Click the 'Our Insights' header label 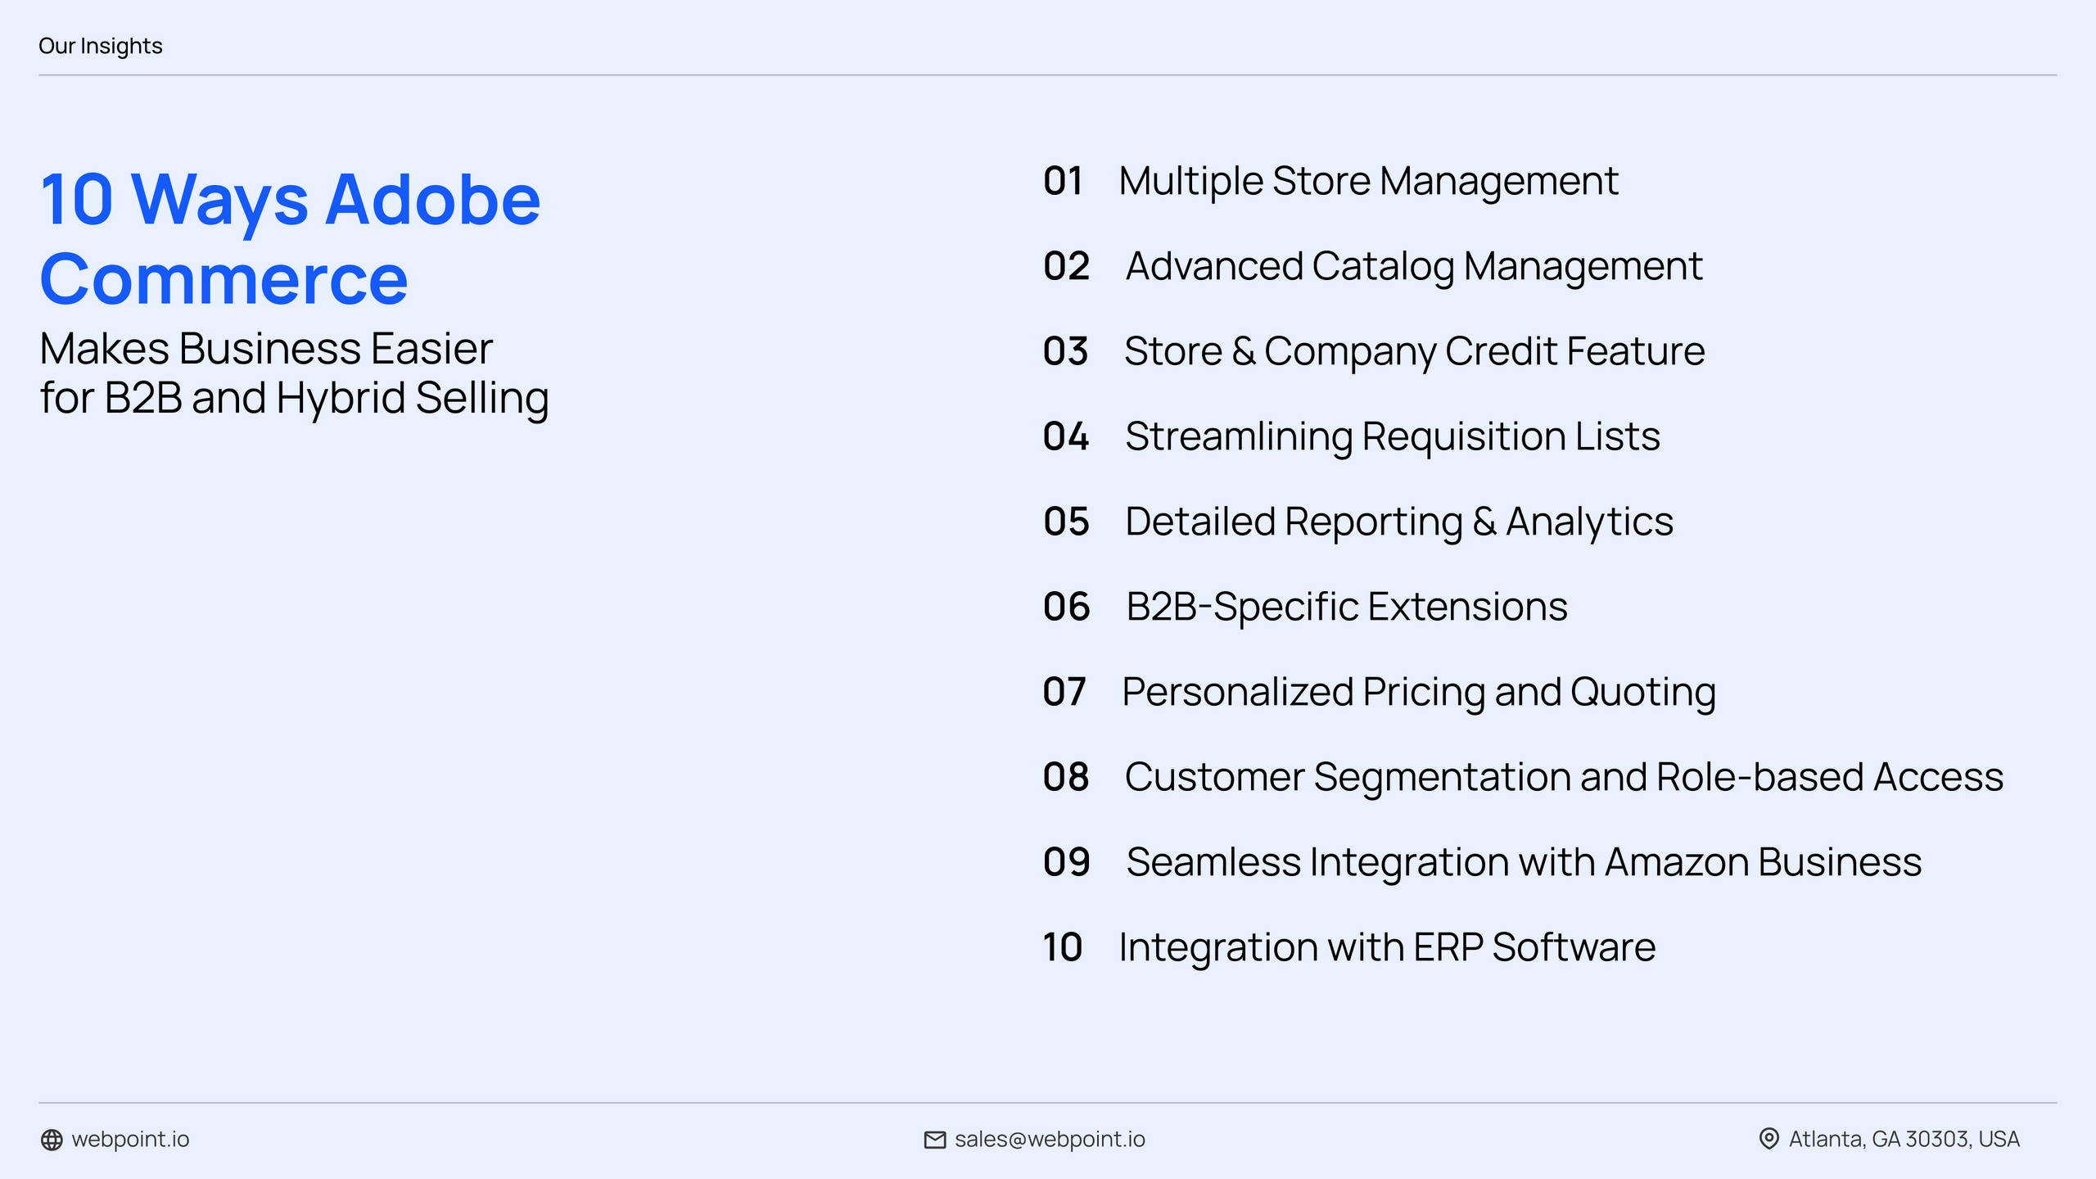coord(100,46)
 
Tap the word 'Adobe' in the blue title coord(432,200)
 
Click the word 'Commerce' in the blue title coord(224,280)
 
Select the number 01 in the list coord(1063,181)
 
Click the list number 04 coord(1066,436)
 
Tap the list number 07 coord(1064,692)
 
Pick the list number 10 coord(1062,947)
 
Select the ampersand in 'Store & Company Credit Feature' coord(1243,352)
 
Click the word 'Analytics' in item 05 coord(1589,522)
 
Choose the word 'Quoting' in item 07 coord(1642,693)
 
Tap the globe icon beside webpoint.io coord(52,1140)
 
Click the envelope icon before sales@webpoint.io coord(934,1140)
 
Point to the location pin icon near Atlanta coord(1768,1139)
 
